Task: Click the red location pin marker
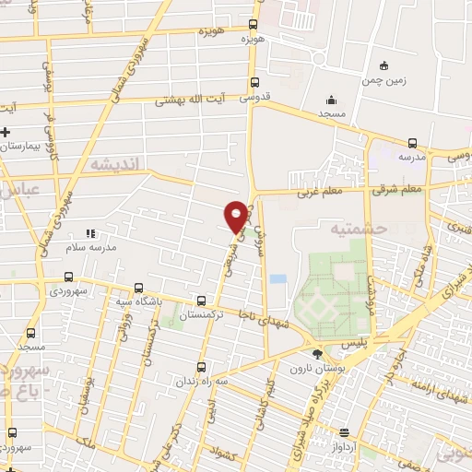[x=237, y=216]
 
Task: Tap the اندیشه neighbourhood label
[x=115, y=163]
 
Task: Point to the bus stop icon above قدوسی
[x=254, y=81]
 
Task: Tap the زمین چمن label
[x=385, y=80]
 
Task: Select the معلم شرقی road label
[x=399, y=190]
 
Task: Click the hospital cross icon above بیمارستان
[x=5, y=133]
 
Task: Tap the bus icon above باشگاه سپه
[x=138, y=287]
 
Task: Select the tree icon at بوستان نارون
[x=318, y=353]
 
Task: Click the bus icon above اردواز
[x=345, y=432]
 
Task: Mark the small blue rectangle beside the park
[x=277, y=277]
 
